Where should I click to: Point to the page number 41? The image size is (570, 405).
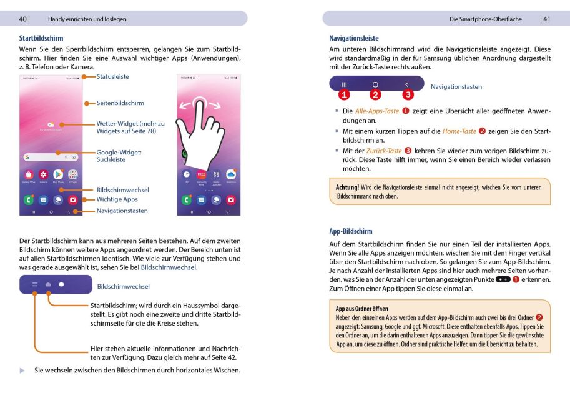pyautogui.click(x=546, y=19)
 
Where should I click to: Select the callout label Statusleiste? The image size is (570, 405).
pyautogui.click(x=112, y=77)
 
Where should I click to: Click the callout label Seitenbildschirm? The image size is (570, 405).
pyautogui.click(x=120, y=103)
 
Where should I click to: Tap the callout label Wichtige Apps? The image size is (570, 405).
pyautogui.click(x=117, y=200)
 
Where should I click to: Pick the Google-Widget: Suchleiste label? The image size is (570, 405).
pyautogui.click(x=119, y=156)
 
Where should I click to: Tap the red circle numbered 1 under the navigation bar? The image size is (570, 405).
pyautogui.click(x=344, y=95)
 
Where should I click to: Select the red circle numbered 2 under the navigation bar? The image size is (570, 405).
pyautogui.click(x=375, y=95)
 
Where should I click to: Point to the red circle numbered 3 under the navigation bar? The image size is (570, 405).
pyautogui.click(x=408, y=95)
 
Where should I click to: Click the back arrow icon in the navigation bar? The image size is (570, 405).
pyautogui.click(x=407, y=84)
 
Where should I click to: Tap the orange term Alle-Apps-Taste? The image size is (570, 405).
pyautogui.click(x=376, y=111)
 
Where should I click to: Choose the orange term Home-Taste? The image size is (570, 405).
pyautogui.click(x=459, y=131)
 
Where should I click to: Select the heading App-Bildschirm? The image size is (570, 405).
pyautogui.click(x=350, y=231)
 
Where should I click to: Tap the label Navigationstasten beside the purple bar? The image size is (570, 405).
pyautogui.click(x=456, y=87)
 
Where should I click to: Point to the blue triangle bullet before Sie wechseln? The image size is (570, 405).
pyautogui.click(x=22, y=371)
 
